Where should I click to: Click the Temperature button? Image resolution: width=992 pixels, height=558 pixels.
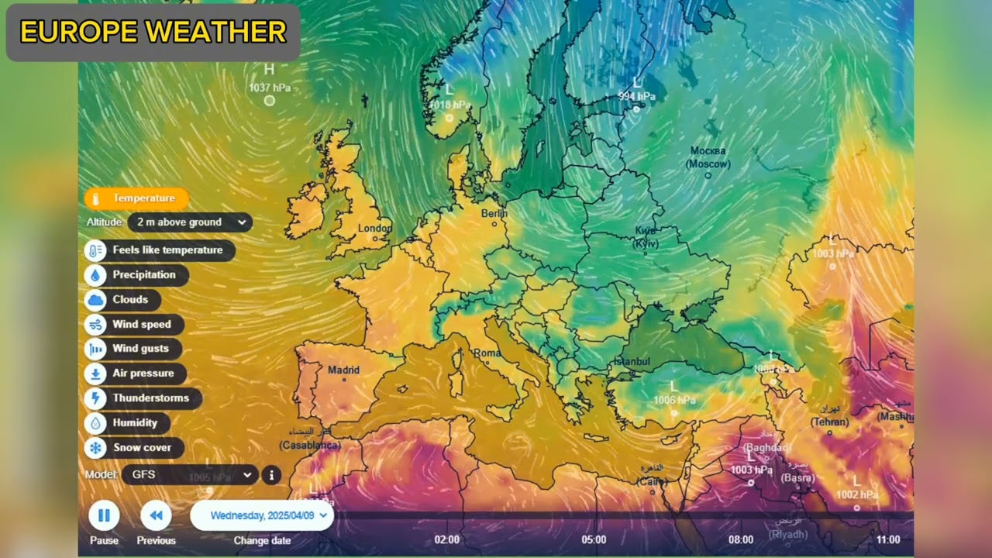(x=136, y=198)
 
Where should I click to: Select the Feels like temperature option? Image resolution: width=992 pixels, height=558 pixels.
(x=160, y=250)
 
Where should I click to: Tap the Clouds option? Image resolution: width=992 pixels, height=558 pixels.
(x=122, y=300)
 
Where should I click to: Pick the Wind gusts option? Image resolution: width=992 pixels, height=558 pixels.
(x=133, y=349)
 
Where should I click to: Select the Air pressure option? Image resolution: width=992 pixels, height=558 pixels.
(x=136, y=374)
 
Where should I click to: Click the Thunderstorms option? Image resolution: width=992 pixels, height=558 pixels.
(x=143, y=398)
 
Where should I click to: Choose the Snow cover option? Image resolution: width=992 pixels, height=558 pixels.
(x=134, y=448)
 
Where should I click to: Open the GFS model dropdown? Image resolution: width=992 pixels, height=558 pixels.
(x=190, y=474)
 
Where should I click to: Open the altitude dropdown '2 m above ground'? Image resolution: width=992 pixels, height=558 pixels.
(x=190, y=222)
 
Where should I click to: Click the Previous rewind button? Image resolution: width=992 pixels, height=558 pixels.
(x=156, y=515)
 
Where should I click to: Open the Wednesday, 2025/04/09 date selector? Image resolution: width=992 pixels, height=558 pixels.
(x=262, y=515)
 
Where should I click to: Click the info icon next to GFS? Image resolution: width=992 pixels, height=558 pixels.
(x=271, y=475)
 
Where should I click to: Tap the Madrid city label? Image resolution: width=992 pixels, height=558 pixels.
(x=343, y=370)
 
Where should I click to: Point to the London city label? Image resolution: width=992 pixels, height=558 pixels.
(x=375, y=229)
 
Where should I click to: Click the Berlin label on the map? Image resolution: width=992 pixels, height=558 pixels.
(x=494, y=213)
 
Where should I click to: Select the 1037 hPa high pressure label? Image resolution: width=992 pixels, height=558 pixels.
(x=270, y=88)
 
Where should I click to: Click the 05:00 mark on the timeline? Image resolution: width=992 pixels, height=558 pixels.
(x=594, y=539)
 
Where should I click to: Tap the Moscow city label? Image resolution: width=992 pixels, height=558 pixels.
(x=708, y=157)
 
